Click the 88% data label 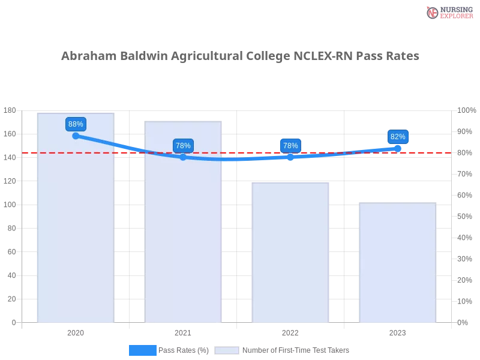[76, 124]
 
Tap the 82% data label [398, 137]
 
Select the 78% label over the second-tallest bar [183, 146]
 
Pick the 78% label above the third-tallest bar [290, 146]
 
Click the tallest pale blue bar [76, 228]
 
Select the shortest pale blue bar [397, 264]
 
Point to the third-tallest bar [290, 252]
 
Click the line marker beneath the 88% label [76, 136]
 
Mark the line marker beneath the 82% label [398, 148]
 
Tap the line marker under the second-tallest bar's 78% [183, 157]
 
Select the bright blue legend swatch [142, 350]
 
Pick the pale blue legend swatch [227, 350]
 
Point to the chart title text [240, 57]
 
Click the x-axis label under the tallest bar [76, 331]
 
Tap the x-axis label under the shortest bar [397, 331]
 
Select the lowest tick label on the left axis [13, 322]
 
